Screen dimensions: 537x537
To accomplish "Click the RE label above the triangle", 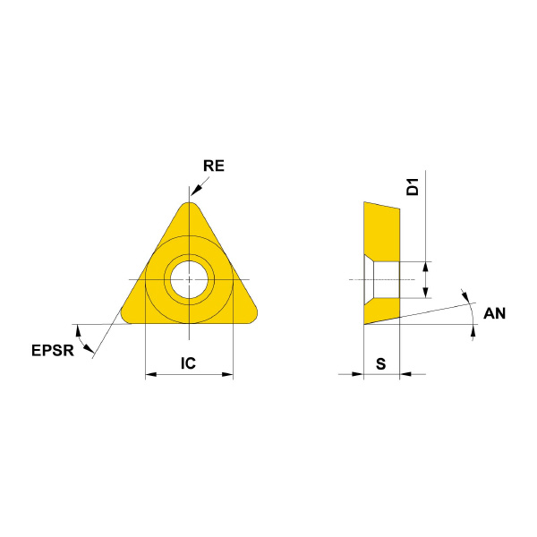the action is coord(214,166).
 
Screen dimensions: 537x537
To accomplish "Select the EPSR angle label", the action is coord(53,350).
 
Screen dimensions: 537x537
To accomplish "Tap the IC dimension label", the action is coord(188,363).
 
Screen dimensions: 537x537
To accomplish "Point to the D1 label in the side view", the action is coord(413,187).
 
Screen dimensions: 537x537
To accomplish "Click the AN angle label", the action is coord(494,313).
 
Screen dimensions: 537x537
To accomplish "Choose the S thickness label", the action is coord(381,363).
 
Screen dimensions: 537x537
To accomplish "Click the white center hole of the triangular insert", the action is coord(190,279).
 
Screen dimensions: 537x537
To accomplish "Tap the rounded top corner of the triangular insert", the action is coord(190,206).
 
